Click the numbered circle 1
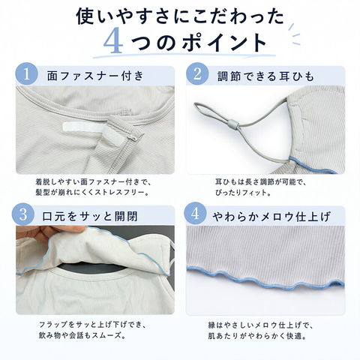(27, 74)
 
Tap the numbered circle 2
(197, 74)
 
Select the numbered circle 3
(23, 214)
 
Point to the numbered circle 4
(195, 214)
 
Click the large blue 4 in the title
(113, 41)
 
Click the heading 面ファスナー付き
(95, 76)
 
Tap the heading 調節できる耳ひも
(265, 76)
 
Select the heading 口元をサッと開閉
(90, 216)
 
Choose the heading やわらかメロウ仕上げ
(271, 217)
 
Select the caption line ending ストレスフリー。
(93, 193)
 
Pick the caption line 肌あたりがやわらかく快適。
(258, 336)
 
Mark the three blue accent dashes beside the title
(295, 34)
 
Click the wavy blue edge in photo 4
(265, 278)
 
